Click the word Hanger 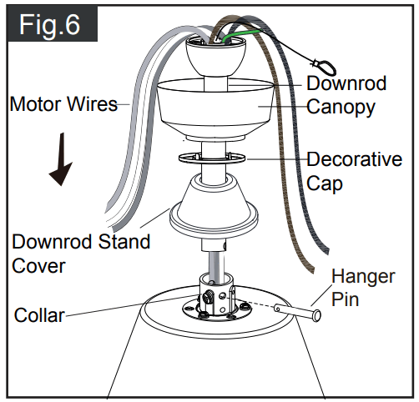pos(361,276)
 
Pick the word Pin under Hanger pos(346,298)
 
